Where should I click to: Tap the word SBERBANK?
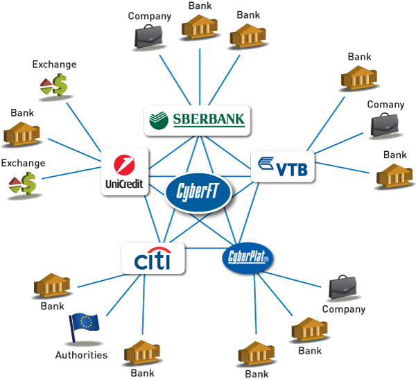pyautogui.click(x=207, y=120)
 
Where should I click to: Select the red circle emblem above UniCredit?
pyautogui.click(x=124, y=164)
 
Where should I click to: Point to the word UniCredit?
pyautogui.click(x=124, y=184)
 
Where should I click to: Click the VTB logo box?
pyautogui.click(x=282, y=166)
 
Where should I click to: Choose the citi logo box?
pyautogui.click(x=153, y=260)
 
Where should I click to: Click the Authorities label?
pyautogui.click(x=81, y=355)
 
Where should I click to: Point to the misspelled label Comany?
pyautogui.click(x=386, y=105)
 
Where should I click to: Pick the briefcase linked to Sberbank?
pyautogui.click(x=147, y=35)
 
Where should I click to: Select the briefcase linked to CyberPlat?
pyautogui.click(x=343, y=286)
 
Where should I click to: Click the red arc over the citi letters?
pyautogui.click(x=153, y=250)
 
